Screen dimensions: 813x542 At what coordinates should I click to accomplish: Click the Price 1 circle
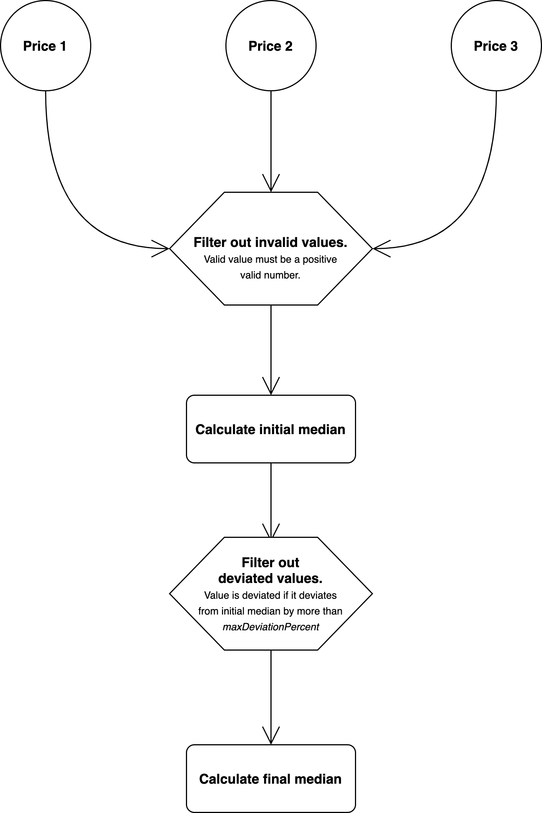coord(45,45)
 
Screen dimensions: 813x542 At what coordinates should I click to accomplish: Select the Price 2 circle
coord(270,45)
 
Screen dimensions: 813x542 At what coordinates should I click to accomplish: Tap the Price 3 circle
coord(496,45)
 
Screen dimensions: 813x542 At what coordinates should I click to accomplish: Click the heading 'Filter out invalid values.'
coord(270,242)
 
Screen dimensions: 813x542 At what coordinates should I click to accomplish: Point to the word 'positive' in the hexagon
coord(320,259)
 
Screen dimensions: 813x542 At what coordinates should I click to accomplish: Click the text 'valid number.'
coord(270,275)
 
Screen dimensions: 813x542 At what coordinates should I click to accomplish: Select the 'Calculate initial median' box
coord(270,429)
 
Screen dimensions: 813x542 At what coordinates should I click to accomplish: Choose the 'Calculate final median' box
coord(270,778)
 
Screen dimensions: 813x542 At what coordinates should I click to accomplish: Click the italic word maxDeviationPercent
coord(270,627)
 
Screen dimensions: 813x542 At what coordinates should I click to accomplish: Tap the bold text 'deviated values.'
coord(270,578)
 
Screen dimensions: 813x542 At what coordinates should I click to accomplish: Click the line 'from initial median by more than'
coord(270,611)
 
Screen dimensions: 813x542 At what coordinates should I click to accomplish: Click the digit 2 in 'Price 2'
coord(288,46)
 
